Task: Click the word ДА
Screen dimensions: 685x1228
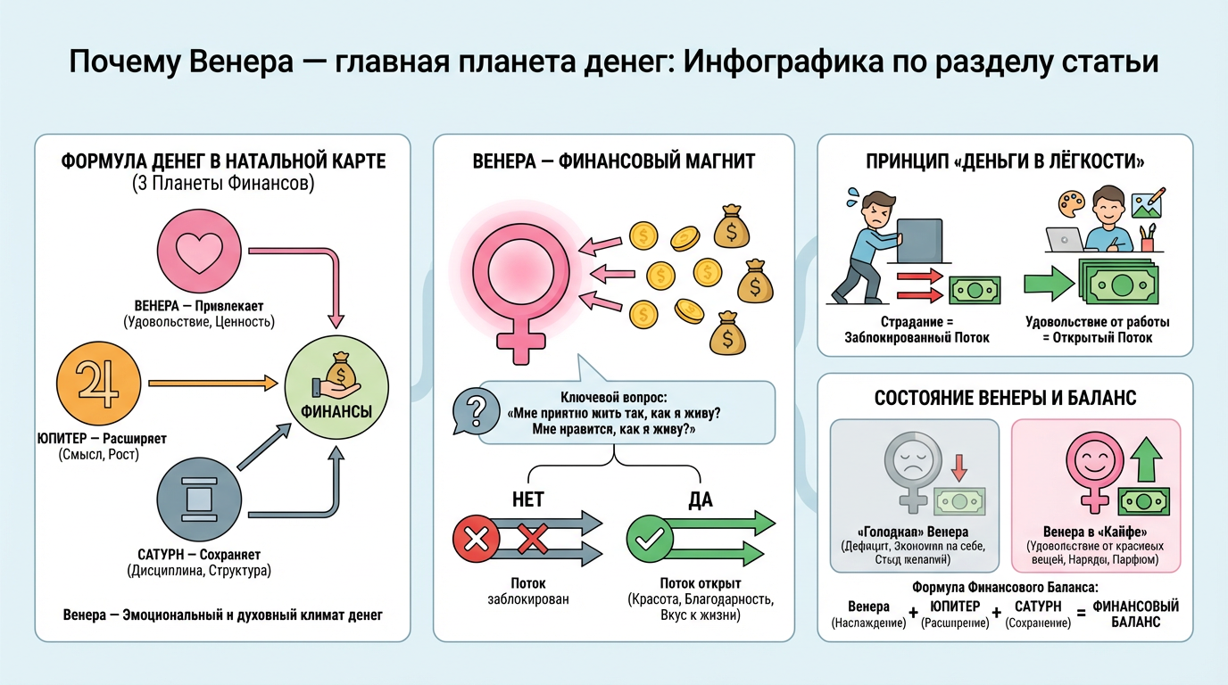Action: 701,499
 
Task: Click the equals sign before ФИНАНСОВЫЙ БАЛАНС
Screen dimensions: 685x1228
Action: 1080,615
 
